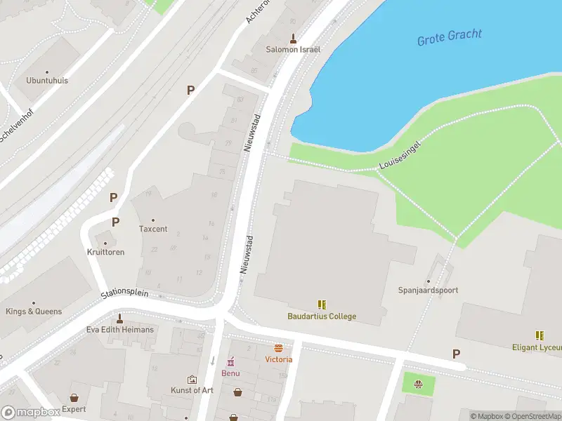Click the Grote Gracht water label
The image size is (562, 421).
tap(450, 37)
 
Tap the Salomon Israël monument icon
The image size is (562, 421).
tap(293, 38)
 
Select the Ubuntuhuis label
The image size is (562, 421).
tap(47, 81)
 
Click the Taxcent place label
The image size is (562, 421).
tap(153, 229)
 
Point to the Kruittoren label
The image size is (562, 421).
tap(106, 252)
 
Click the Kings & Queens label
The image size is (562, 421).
tap(34, 312)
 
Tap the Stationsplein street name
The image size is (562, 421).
tap(124, 293)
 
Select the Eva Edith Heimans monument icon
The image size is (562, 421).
tap(119, 318)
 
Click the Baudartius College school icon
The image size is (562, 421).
tap(322, 305)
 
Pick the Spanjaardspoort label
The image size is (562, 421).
tap(428, 290)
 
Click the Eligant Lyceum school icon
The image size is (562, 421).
tap(540, 335)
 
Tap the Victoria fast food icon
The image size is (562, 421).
tap(278, 348)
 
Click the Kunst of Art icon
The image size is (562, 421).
tap(192, 379)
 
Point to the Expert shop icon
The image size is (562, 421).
tap(74, 398)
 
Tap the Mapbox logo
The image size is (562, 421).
tap(31, 413)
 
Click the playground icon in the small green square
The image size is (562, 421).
tap(419, 383)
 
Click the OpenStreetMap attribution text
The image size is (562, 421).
tap(535, 417)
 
